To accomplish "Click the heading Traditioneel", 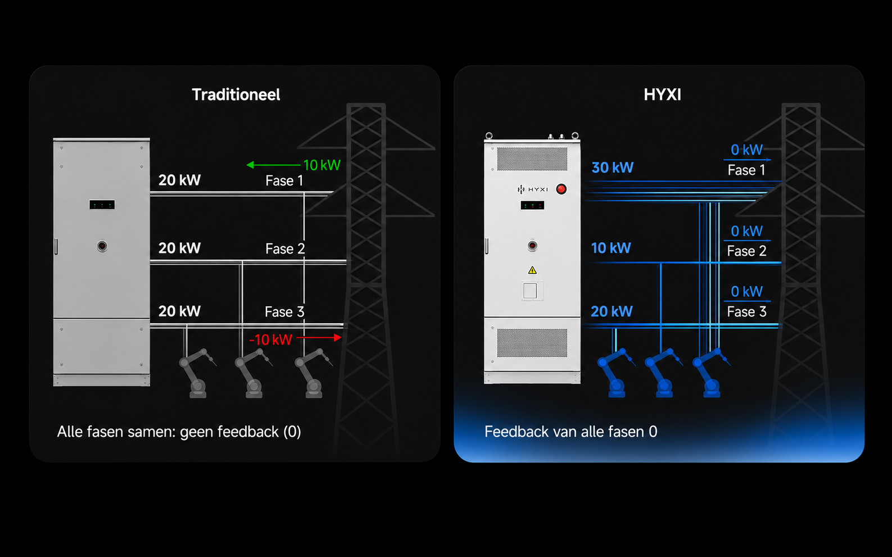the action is click(x=236, y=95).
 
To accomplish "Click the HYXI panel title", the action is click(x=662, y=95).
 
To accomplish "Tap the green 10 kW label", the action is click(x=322, y=165).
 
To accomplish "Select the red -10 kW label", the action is click(x=270, y=339).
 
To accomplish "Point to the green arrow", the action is click(x=274, y=165).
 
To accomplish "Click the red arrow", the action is click(x=319, y=338).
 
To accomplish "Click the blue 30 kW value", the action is click(x=613, y=167).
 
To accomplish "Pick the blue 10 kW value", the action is click(x=611, y=248).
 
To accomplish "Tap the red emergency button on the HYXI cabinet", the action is click(x=561, y=189).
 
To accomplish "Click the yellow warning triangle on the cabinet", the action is click(x=532, y=270).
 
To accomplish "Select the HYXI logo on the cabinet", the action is click(x=532, y=189).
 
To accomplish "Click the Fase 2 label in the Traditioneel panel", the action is click(x=285, y=248).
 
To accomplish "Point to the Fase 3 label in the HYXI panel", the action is click(x=746, y=311).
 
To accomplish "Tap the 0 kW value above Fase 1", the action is click(x=746, y=150).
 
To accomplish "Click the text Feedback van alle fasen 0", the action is click(x=570, y=432).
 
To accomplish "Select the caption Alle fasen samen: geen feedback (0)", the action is click(x=179, y=432).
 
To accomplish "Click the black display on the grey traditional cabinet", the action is click(x=102, y=205).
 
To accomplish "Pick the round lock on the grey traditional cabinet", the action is click(x=102, y=246).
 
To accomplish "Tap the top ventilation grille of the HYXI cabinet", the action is click(x=532, y=159).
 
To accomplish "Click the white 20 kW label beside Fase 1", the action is click(x=180, y=180).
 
